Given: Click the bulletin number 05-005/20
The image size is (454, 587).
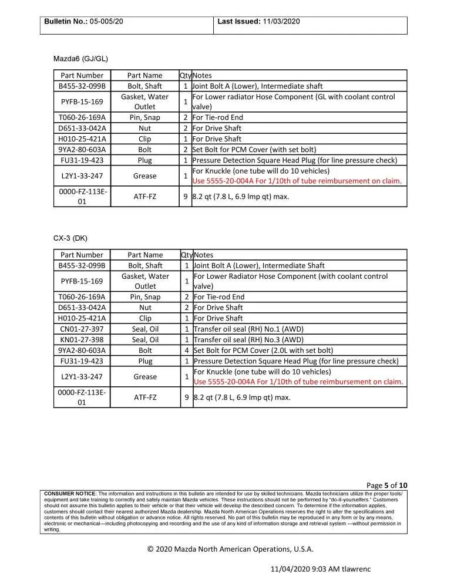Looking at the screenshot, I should (106, 21).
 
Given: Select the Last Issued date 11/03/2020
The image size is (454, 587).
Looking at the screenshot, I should (281, 21).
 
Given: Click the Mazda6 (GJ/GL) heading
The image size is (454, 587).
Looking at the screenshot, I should (80, 59).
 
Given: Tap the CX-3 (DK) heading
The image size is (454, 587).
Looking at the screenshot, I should (70, 238).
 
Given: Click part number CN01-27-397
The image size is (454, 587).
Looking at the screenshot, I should (82, 329).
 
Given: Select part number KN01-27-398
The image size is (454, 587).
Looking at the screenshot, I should (82, 339).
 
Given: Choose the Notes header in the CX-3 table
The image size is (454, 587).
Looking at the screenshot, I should (203, 255).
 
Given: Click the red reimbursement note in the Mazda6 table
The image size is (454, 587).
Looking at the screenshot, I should (297, 181).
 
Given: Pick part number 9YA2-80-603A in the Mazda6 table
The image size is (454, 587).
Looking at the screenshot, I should (82, 149).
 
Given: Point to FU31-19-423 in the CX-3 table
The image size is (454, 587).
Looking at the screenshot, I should (82, 361).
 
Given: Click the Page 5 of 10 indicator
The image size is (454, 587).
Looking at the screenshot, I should (386, 485).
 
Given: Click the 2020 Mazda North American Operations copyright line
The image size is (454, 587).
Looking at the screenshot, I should (230, 549).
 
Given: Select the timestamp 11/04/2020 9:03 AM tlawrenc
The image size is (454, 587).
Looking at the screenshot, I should (321, 569).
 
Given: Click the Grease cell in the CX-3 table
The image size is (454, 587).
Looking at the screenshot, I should (145, 376).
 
